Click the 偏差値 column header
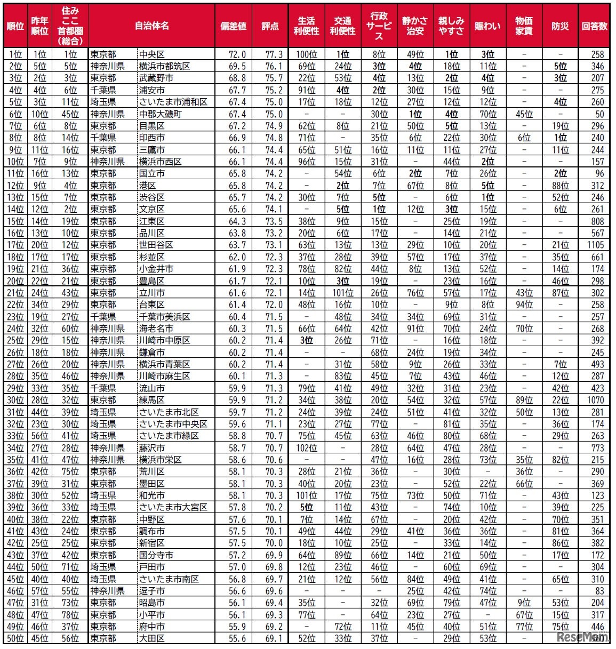pyautogui.click(x=233, y=26)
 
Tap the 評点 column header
pyautogui.click(x=270, y=26)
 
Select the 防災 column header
pyautogui.click(x=560, y=26)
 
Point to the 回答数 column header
pyautogui.click(x=594, y=26)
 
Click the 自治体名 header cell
pyautogui.click(x=151, y=26)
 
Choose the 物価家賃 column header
pyautogui.click(x=524, y=26)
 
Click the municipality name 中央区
pyautogui.click(x=152, y=54)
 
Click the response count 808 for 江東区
pyautogui.click(x=597, y=221)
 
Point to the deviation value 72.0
pyautogui.click(x=237, y=54)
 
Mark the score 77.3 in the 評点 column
pyautogui.click(x=274, y=54)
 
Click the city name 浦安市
pyautogui.click(x=152, y=90)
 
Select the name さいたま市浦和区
pyautogui.click(x=173, y=102)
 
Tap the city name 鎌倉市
pyautogui.click(x=152, y=352)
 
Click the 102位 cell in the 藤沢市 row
pyautogui.click(x=307, y=448)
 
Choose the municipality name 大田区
pyautogui.click(x=152, y=638)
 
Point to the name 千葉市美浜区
pyautogui.click(x=165, y=317)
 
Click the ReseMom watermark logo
pyautogui.click(x=582, y=637)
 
